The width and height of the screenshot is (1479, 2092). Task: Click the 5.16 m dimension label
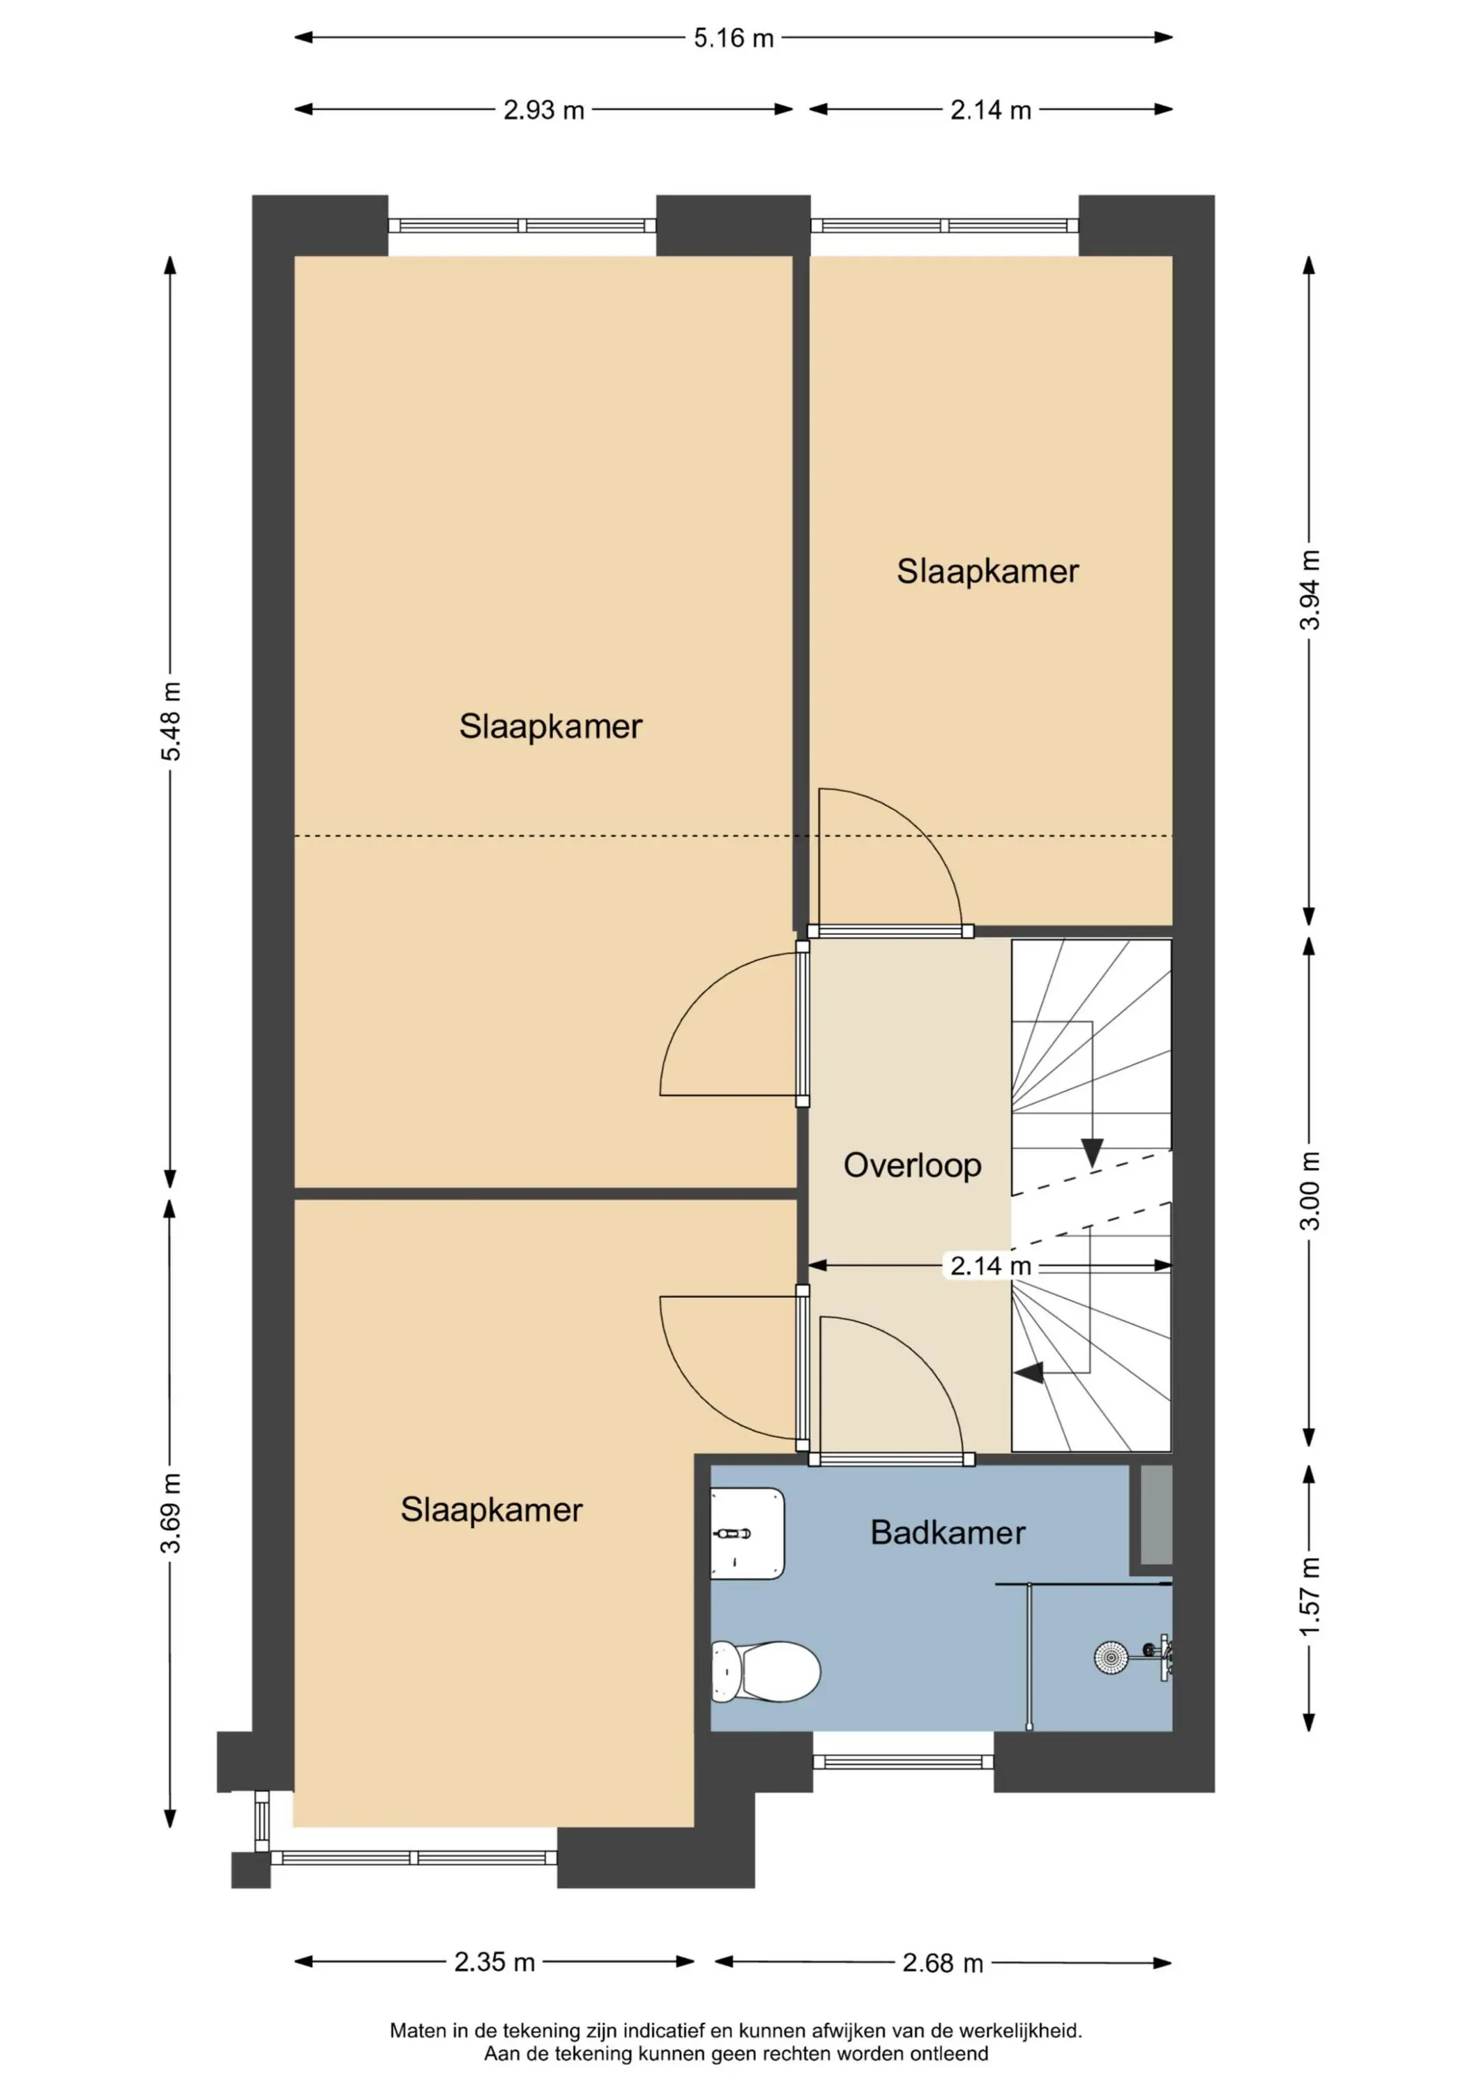pyautogui.click(x=734, y=38)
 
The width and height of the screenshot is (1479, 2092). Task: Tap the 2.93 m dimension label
pyautogui.click(x=544, y=110)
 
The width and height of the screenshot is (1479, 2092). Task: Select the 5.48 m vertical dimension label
pyautogui.click(x=170, y=721)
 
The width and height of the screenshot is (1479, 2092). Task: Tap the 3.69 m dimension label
pyautogui.click(x=170, y=1513)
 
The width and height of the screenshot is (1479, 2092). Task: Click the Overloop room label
pyautogui.click(x=912, y=1165)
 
